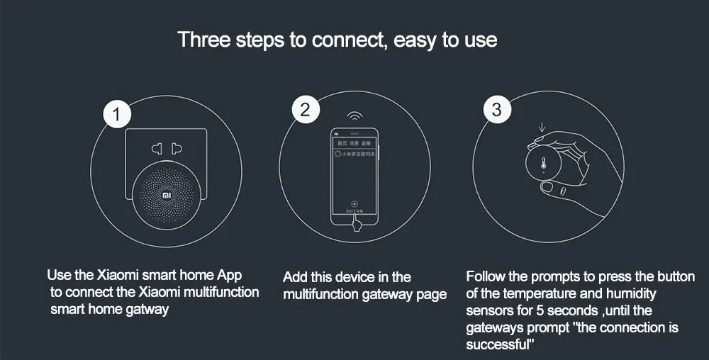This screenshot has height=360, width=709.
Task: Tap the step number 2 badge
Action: [306, 111]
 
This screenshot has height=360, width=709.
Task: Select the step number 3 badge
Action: [496, 111]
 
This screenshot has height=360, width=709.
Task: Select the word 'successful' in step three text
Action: [498, 344]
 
